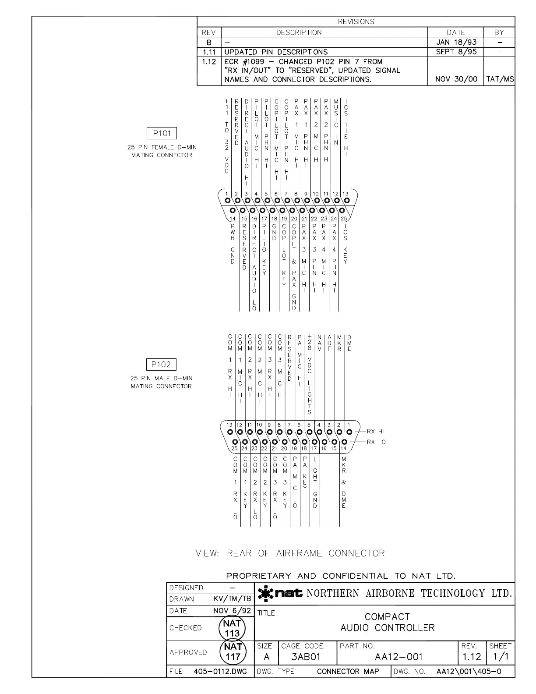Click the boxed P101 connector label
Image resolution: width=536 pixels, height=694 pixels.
pyautogui.click(x=162, y=134)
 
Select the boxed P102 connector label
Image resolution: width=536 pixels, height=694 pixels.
pyautogui.click(x=161, y=365)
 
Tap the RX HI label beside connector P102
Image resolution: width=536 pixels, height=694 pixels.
pyautogui.click(x=375, y=432)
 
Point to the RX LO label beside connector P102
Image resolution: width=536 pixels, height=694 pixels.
pyautogui.click(x=376, y=442)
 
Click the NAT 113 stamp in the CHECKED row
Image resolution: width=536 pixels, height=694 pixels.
pyautogui.click(x=232, y=628)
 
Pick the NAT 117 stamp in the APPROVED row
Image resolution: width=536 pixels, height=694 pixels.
pyautogui.click(x=232, y=652)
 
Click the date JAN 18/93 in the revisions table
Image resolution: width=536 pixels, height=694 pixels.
pyautogui.click(x=456, y=42)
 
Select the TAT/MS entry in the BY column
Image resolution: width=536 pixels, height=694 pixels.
pyautogui.click(x=500, y=79)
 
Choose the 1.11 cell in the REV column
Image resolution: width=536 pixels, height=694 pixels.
pyautogui.click(x=209, y=52)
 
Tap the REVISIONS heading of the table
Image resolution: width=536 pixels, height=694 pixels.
pyautogui.click(x=356, y=21)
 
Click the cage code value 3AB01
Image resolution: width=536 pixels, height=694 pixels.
pyautogui.click(x=306, y=657)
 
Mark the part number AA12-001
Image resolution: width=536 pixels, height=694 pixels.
pyautogui.click(x=399, y=657)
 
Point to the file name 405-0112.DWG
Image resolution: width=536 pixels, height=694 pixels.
pyautogui.click(x=220, y=672)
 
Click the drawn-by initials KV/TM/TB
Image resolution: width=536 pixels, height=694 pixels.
pyautogui.click(x=232, y=599)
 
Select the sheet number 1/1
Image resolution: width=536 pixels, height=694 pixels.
pyautogui.click(x=501, y=657)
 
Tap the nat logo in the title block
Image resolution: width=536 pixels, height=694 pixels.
pyautogui.click(x=280, y=594)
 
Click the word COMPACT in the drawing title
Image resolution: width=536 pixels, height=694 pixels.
pyautogui.click(x=387, y=616)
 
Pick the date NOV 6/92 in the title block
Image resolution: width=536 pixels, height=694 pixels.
pyautogui.click(x=232, y=611)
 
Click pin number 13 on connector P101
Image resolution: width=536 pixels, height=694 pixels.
pyautogui.click(x=346, y=194)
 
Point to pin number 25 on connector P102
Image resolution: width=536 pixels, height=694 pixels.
pyautogui.click(x=234, y=449)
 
